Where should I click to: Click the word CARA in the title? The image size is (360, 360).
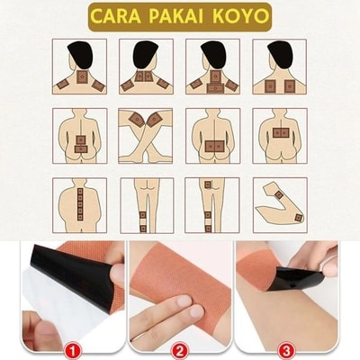116,17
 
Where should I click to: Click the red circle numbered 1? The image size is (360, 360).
73,350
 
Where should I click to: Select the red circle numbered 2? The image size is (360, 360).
179,350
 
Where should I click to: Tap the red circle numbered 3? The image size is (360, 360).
286,350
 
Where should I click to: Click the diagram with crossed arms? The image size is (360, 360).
146,136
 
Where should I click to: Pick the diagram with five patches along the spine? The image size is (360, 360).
80,205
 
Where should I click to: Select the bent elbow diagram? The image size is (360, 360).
280,205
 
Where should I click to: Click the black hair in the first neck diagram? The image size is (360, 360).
81,54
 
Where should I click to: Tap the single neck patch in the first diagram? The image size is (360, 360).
82,77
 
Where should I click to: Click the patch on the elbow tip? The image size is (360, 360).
298,218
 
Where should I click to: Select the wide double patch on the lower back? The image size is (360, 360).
213,146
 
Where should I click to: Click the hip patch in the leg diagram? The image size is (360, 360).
208,184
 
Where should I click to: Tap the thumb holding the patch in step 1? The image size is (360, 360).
118,272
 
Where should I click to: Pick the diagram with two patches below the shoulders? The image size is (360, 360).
280,67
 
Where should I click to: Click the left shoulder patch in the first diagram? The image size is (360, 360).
63,85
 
